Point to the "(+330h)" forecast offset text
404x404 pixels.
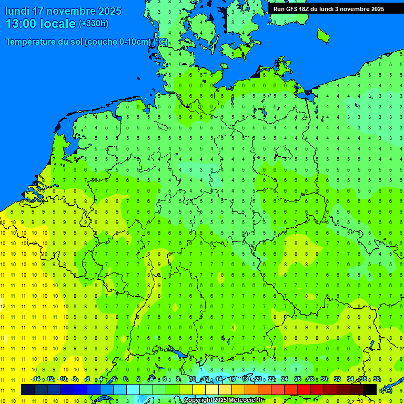pyautogui.click(x=94, y=24)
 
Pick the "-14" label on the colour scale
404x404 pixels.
pyautogui.click(x=36, y=379)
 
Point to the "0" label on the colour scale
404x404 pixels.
pyautogui.click(x=125, y=379)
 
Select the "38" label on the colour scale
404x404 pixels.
pyautogui.click(x=377, y=379)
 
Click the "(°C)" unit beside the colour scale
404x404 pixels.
pyautogui.click(x=386, y=390)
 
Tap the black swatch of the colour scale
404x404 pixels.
pyautogui.click(x=370, y=389)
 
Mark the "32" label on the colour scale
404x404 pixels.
pyautogui.click(x=337, y=379)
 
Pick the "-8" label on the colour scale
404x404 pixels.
pyautogui.click(x=75, y=379)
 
